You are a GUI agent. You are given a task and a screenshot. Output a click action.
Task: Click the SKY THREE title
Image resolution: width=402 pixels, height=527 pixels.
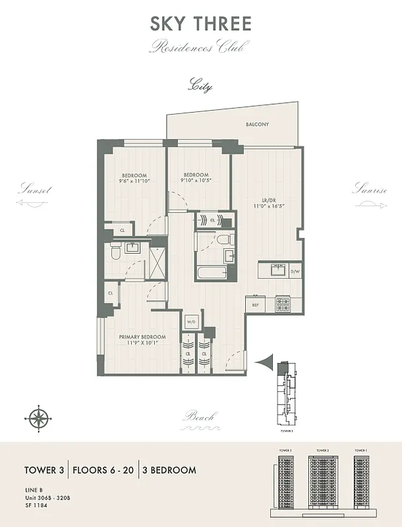pyautogui.click(x=200, y=24)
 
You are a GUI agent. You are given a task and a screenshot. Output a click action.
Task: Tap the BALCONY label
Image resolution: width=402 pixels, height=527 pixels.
pyautogui.click(x=257, y=124)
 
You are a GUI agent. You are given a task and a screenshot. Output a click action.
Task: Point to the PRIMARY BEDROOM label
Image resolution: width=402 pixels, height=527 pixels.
pyautogui.click(x=142, y=337)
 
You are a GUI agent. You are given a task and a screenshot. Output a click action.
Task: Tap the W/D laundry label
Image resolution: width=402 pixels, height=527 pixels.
pyautogui.click(x=192, y=322)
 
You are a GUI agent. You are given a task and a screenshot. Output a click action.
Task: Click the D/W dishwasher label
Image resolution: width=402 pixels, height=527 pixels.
pyautogui.click(x=295, y=271)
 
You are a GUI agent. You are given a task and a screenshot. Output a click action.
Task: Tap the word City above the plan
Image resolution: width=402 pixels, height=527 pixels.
pyautogui.click(x=200, y=86)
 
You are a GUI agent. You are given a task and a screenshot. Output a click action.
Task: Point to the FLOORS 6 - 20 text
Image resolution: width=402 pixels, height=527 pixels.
pyautogui.click(x=103, y=470)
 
